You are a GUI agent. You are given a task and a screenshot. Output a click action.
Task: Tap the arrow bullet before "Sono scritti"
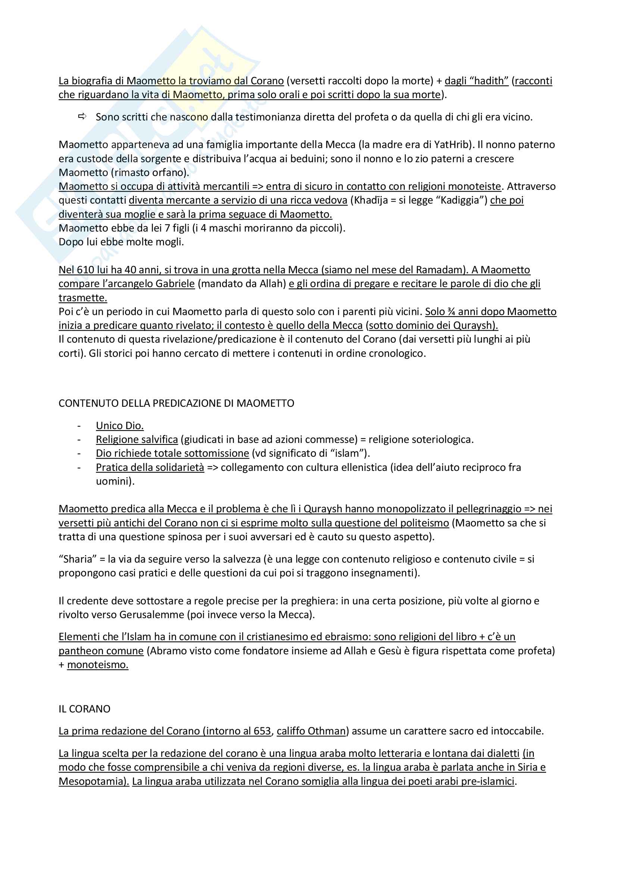click(82, 117)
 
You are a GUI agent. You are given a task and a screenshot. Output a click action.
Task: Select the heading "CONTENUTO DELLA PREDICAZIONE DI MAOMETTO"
click(176, 403)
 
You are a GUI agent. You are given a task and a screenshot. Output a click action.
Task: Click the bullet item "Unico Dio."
click(120, 426)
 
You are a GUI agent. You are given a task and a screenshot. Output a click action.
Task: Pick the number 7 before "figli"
click(167, 228)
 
